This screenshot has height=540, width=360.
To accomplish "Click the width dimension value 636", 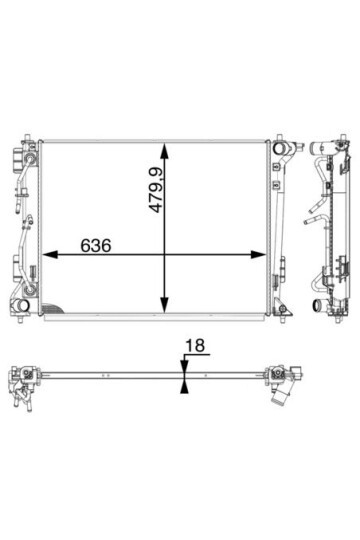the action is click(96, 246).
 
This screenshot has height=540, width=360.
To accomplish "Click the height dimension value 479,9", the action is click(155, 189).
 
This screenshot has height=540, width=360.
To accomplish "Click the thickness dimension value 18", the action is click(195, 345).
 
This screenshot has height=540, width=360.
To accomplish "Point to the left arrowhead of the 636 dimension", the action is click(50, 255).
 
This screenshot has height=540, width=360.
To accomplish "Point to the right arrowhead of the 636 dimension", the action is click(258, 255).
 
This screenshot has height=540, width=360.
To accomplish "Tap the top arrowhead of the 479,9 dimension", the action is click(164, 150).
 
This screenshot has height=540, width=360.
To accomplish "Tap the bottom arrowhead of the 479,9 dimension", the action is click(164, 305).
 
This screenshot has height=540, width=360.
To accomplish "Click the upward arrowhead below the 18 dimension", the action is click(185, 387).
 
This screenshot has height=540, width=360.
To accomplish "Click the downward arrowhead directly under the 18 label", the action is click(185, 366).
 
